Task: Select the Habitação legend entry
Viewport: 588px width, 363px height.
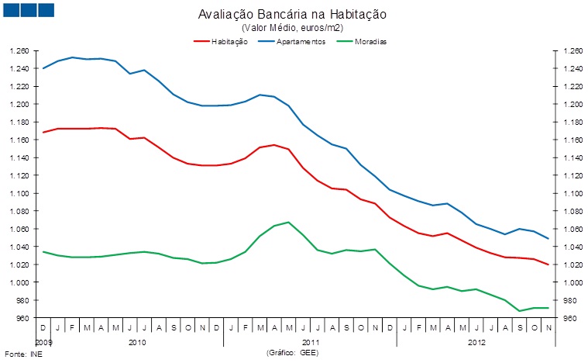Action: click(229, 41)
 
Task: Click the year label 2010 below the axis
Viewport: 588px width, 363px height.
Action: click(137, 341)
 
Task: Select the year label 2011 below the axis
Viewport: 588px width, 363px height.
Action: click(311, 341)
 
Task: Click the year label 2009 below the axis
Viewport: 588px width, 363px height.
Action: click(44, 341)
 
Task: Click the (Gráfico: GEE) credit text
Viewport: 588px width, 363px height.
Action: click(293, 352)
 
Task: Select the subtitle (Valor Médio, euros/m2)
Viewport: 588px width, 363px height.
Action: click(293, 28)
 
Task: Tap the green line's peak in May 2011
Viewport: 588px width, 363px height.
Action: click(288, 223)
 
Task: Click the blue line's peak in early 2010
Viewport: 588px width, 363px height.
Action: click(73, 57)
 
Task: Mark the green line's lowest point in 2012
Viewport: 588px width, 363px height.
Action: click(519, 311)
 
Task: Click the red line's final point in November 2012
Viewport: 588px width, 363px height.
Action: click(548, 264)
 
